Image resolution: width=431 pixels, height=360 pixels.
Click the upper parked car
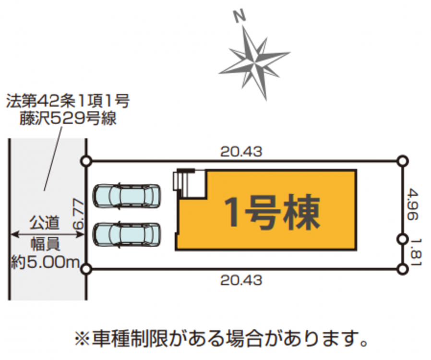(x=127, y=196)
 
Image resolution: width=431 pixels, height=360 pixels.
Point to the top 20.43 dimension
(x=241, y=152)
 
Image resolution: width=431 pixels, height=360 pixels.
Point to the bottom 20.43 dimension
(x=241, y=280)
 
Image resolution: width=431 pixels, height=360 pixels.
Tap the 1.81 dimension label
(x=413, y=253)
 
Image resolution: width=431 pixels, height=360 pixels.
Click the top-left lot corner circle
(x=86, y=161)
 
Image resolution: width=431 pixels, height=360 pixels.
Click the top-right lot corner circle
(x=403, y=161)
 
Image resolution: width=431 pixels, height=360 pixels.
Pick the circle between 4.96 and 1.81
(x=403, y=238)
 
